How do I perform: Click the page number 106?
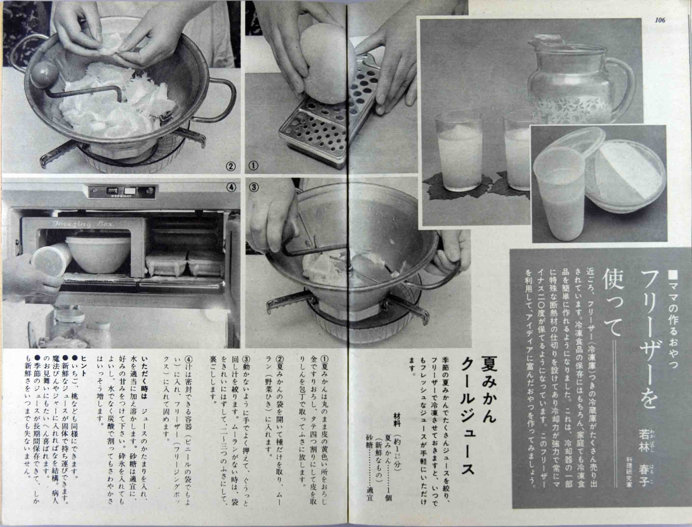point(659,20)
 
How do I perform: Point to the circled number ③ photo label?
point(253,187)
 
